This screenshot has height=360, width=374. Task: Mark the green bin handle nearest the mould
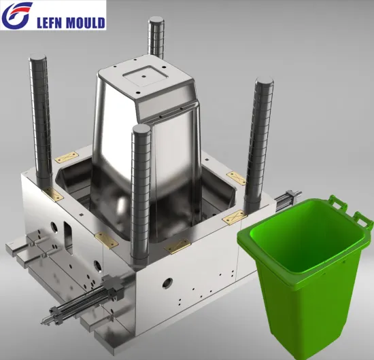click(x=335, y=202)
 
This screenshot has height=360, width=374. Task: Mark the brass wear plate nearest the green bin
click(x=235, y=217)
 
